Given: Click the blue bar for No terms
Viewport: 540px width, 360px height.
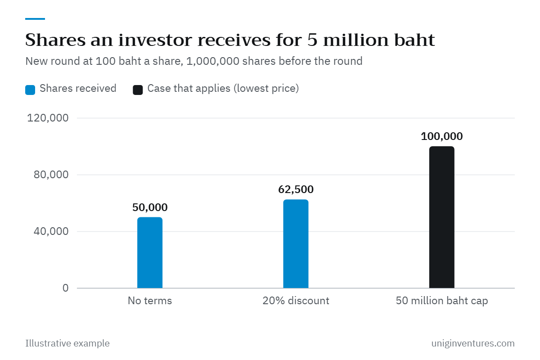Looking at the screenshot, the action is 150,252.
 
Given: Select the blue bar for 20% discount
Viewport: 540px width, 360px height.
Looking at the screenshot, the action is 296,243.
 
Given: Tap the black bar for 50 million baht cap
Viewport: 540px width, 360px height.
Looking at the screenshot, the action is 441,217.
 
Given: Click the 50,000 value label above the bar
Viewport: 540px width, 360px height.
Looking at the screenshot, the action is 150,207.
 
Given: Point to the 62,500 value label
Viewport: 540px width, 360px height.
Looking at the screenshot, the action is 296,189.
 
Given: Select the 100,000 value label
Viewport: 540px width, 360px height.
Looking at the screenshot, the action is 441,136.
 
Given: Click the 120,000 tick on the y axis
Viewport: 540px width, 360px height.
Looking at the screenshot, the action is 48,118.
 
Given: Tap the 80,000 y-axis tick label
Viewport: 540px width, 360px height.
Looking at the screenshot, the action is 51,175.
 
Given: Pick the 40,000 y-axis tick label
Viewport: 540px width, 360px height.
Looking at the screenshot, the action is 51,231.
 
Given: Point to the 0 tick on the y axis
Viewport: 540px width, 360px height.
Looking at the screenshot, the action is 66,288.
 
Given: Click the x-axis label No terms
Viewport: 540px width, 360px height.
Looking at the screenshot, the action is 150,301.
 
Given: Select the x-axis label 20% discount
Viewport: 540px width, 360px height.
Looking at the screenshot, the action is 296,301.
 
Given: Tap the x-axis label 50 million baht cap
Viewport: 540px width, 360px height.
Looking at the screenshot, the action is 441,301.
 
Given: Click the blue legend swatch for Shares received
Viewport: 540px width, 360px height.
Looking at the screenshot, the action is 30,90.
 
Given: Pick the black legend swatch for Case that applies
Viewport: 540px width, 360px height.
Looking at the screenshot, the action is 138,90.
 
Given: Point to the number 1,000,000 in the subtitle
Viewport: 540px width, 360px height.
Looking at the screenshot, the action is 212,61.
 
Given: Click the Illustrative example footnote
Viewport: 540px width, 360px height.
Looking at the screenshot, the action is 67,343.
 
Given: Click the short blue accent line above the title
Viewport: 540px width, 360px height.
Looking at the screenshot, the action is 35,19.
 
